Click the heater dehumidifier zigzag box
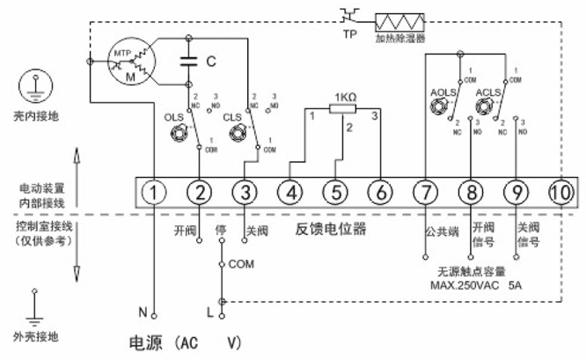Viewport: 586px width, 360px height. (399, 21)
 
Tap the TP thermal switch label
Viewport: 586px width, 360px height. (351, 33)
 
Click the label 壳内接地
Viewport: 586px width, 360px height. (34, 115)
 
